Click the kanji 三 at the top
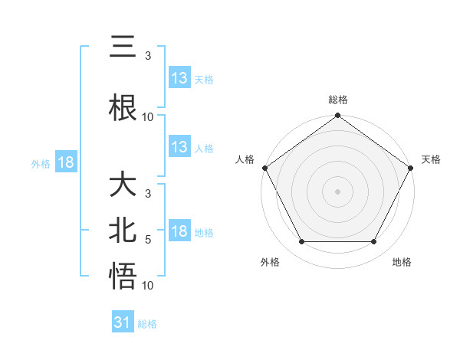pos(123,47)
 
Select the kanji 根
pos(123,107)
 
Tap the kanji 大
pos(123,186)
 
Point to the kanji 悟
pos(123,277)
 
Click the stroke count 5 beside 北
pos(148,240)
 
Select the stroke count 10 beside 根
pos(148,117)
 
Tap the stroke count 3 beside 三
pos(148,56)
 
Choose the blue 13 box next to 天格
pos(179,78)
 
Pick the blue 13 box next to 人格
pos(179,147)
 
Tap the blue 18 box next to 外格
pos(65,162)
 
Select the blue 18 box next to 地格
pos(179,232)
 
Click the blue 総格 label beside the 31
pos(148,324)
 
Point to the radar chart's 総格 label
pos(338,100)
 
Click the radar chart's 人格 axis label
pos(245,159)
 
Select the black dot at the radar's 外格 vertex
pos(301,242)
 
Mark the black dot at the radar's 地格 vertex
pos(374,242)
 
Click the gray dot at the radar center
pos(338,191)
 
